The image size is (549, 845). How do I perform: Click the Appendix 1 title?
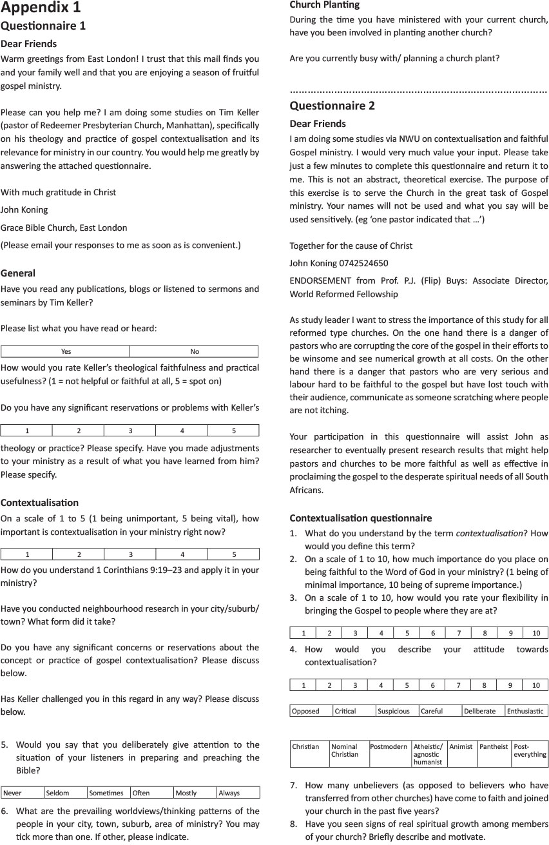41,8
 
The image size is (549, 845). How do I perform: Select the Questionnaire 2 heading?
332,106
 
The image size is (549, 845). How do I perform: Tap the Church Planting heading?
324,5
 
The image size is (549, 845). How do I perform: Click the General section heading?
18,273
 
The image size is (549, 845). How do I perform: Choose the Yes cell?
66,351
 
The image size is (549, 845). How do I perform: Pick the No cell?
195,351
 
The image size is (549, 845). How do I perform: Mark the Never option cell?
23,793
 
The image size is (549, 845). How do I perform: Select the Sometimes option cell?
108,793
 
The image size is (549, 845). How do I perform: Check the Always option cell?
238,793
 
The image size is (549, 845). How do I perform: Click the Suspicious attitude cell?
397,711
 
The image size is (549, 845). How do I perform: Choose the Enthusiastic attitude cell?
526,711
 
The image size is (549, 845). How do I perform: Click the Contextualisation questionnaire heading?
360,518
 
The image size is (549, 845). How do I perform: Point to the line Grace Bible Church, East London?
64,228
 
